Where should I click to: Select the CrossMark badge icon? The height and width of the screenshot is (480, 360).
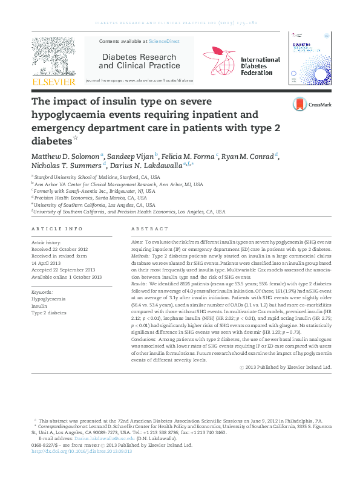(299, 105)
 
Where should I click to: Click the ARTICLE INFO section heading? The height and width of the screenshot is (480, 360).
(56, 229)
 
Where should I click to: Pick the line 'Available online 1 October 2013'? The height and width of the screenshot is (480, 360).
(67, 276)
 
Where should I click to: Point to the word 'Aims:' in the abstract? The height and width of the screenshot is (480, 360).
(137, 241)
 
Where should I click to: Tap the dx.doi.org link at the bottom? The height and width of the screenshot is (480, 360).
(81, 451)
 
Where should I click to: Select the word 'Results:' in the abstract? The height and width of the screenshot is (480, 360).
(140, 283)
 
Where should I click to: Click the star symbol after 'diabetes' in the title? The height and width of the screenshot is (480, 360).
(76, 138)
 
